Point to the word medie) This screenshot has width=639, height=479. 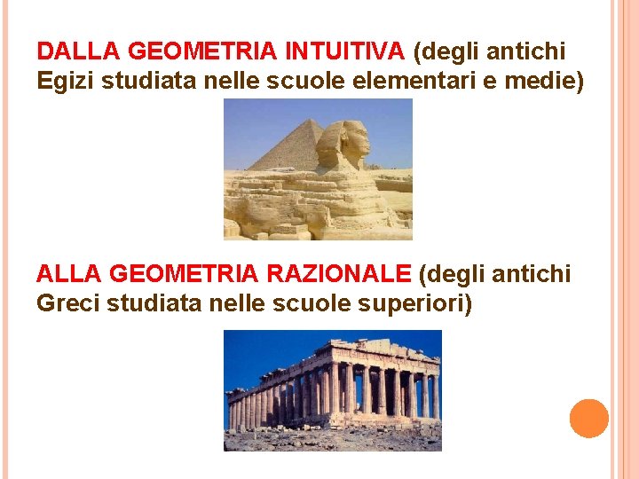coord(545,82)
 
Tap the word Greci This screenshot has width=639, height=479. coord(67,304)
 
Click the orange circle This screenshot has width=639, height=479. coord(588,418)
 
